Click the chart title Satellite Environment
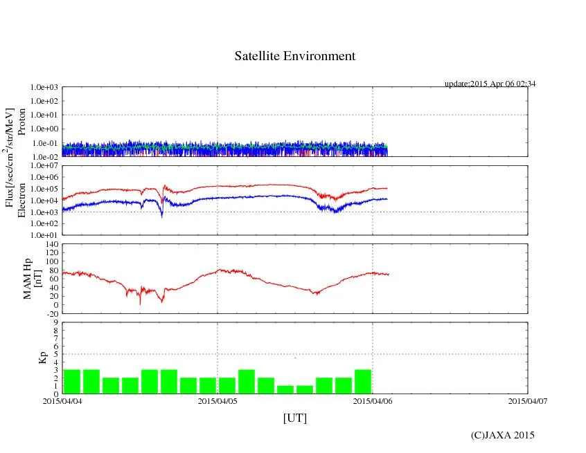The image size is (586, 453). click(295, 56)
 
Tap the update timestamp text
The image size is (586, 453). click(490, 84)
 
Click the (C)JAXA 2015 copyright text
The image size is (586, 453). click(502, 435)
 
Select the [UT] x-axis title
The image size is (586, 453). click(295, 418)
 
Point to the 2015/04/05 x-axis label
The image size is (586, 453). click(217, 400)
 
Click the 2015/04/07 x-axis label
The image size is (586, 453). click(528, 400)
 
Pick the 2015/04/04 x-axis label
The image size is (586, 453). click(62, 400)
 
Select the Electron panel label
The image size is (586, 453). click(21, 200)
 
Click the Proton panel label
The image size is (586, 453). click(21, 122)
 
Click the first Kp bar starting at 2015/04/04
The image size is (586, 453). click(72, 382)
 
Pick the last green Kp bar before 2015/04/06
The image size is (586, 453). click(363, 382)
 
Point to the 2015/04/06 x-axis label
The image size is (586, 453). click(373, 400)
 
